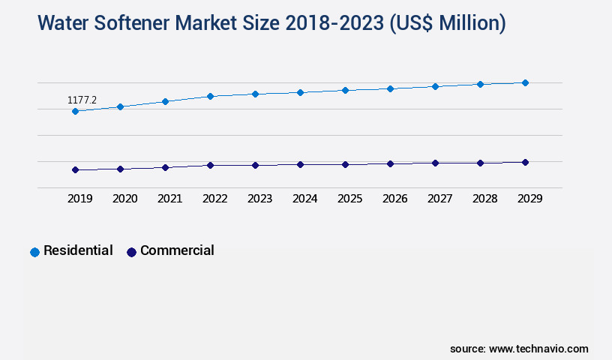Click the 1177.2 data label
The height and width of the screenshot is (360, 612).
pos(82,100)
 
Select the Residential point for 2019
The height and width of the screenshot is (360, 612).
pos(75,111)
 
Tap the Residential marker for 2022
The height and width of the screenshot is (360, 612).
pos(210,96)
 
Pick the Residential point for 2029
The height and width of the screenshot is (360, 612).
pos(525,82)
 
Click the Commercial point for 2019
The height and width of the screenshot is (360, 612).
pos(75,169)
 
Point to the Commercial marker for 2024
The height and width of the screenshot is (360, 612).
pos(300,164)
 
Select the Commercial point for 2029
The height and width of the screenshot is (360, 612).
pos(525,162)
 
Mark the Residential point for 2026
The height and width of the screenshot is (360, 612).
pos(390,88)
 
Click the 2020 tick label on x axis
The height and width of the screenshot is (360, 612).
pos(124,199)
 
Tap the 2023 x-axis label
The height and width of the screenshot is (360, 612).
pos(259,199)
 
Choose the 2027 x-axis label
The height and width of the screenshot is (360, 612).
pos(439,199)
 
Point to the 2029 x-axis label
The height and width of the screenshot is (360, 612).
pos(529,199)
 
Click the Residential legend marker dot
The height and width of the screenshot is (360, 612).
pos(34,252)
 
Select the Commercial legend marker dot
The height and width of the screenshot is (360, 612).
pos(131,252)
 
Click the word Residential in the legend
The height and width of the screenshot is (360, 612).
pos(78,250)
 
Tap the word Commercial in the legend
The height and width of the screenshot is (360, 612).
pos(177,250)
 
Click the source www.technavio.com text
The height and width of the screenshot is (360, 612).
pos(519,349)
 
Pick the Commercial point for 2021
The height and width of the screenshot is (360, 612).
pos(165,167)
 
